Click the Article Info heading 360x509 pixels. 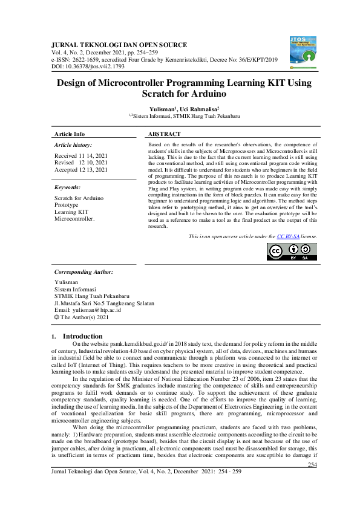[70, 134]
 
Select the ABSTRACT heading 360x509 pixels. [164, 134]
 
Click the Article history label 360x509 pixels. [73, 146]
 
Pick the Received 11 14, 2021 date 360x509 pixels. [80, 156]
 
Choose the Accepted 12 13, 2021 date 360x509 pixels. [80, 170]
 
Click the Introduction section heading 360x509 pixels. [83, 336]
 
